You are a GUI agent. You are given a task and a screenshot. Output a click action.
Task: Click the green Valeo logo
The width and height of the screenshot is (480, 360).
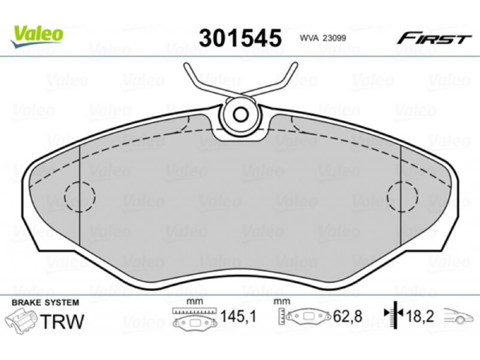click(x=37, y=37)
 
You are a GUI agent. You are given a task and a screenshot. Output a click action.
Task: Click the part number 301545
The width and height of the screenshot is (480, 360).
click(x=240, y=38)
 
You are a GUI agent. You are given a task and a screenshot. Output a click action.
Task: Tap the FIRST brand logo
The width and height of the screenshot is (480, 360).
click(x=434, y=39)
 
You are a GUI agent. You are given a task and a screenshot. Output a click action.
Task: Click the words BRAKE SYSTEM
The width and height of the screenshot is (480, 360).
click(x=46, y=302)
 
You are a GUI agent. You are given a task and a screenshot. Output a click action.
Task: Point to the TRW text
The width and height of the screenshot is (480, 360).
click(x=62, y=322)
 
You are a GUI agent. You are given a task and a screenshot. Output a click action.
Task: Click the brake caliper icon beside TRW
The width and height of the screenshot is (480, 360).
click(x=22, y=320)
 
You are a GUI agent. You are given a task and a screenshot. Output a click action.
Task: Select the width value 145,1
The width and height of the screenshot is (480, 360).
click(x=238, y=317)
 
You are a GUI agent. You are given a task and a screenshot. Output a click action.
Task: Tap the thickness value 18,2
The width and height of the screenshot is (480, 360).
click(x=420, y=316)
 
